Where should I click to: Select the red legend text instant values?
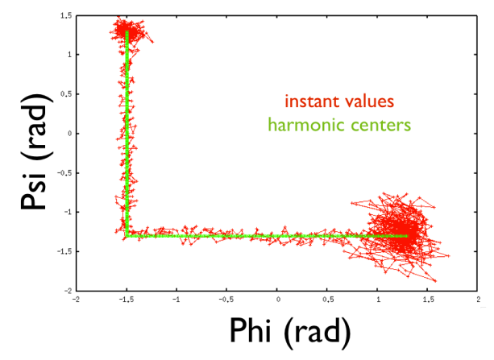click(x=338, y=102)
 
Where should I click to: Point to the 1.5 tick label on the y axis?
click(x=65, y=16)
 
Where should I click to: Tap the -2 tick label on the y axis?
click(x=67, y=291)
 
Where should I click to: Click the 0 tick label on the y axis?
click(x=68, y=134)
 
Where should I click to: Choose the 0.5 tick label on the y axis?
click(x=65, y=94)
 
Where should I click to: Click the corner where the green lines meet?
click(x=127, y=236)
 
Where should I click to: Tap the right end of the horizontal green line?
click(x=408, y=236)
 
